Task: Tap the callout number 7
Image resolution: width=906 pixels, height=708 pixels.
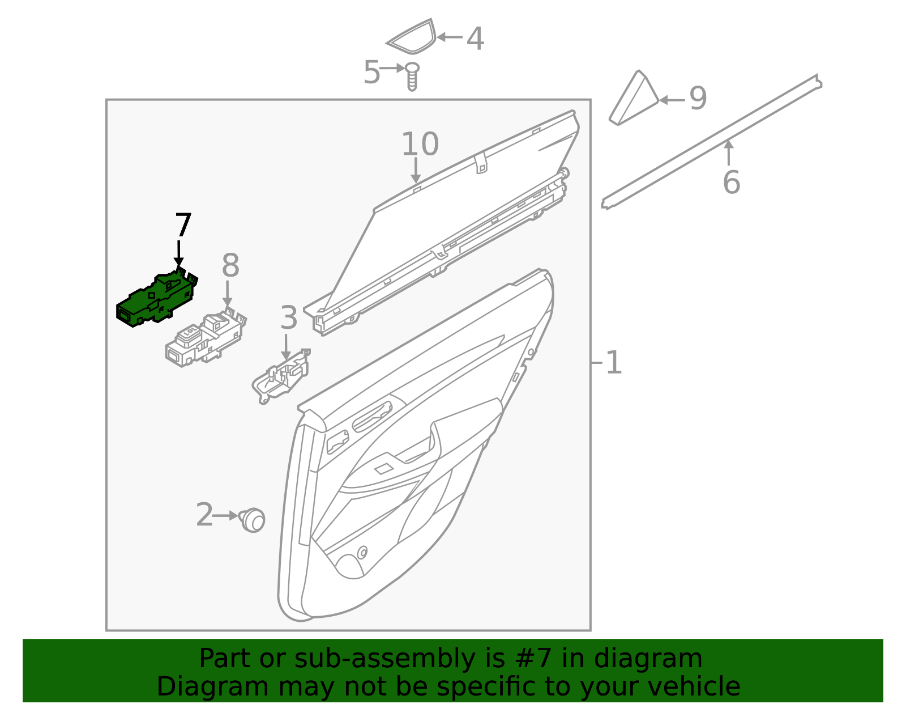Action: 183,225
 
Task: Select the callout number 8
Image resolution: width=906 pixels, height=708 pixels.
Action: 230,265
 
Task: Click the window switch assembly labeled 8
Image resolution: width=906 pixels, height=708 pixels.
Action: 206,339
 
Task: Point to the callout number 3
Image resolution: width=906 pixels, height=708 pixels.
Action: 289,318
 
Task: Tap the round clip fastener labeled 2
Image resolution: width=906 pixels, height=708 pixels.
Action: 253,520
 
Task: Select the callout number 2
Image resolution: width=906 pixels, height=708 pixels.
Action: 204,514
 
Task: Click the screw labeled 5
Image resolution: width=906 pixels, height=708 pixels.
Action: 412,77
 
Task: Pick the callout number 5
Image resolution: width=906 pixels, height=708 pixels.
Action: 371,72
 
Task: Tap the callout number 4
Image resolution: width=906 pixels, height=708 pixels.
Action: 475,39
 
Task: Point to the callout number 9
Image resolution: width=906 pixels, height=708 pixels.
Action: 698,99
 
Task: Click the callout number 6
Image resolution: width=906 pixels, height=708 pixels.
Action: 731,183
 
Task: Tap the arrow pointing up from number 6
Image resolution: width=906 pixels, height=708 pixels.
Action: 728,152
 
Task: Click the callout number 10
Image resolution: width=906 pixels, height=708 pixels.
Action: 420,145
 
